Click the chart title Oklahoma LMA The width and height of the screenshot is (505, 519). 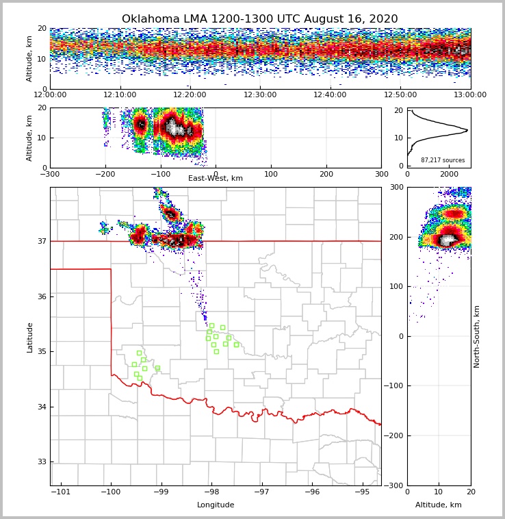point(259,19)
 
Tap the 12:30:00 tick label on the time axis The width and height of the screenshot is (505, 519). point(260,95)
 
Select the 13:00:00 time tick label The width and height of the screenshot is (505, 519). point(470,95)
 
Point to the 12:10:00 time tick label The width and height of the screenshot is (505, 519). point(120,95)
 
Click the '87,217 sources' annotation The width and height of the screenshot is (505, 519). point(443,160)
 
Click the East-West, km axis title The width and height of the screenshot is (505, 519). point(216,179)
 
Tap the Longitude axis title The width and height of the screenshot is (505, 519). point(216,505)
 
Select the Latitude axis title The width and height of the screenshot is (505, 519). point(29,337)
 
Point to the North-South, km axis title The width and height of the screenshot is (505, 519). point(477,336)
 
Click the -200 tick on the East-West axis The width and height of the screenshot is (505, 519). point(105,174)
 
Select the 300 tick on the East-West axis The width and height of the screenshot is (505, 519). point(381,174)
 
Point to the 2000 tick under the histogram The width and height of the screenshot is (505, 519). point(449,174)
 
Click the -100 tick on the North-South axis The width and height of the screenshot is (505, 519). point(396,386)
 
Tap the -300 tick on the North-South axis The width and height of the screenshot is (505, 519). point(396,485)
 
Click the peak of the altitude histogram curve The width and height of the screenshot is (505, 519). point(467,129)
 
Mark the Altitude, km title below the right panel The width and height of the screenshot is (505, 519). point(439,505)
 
